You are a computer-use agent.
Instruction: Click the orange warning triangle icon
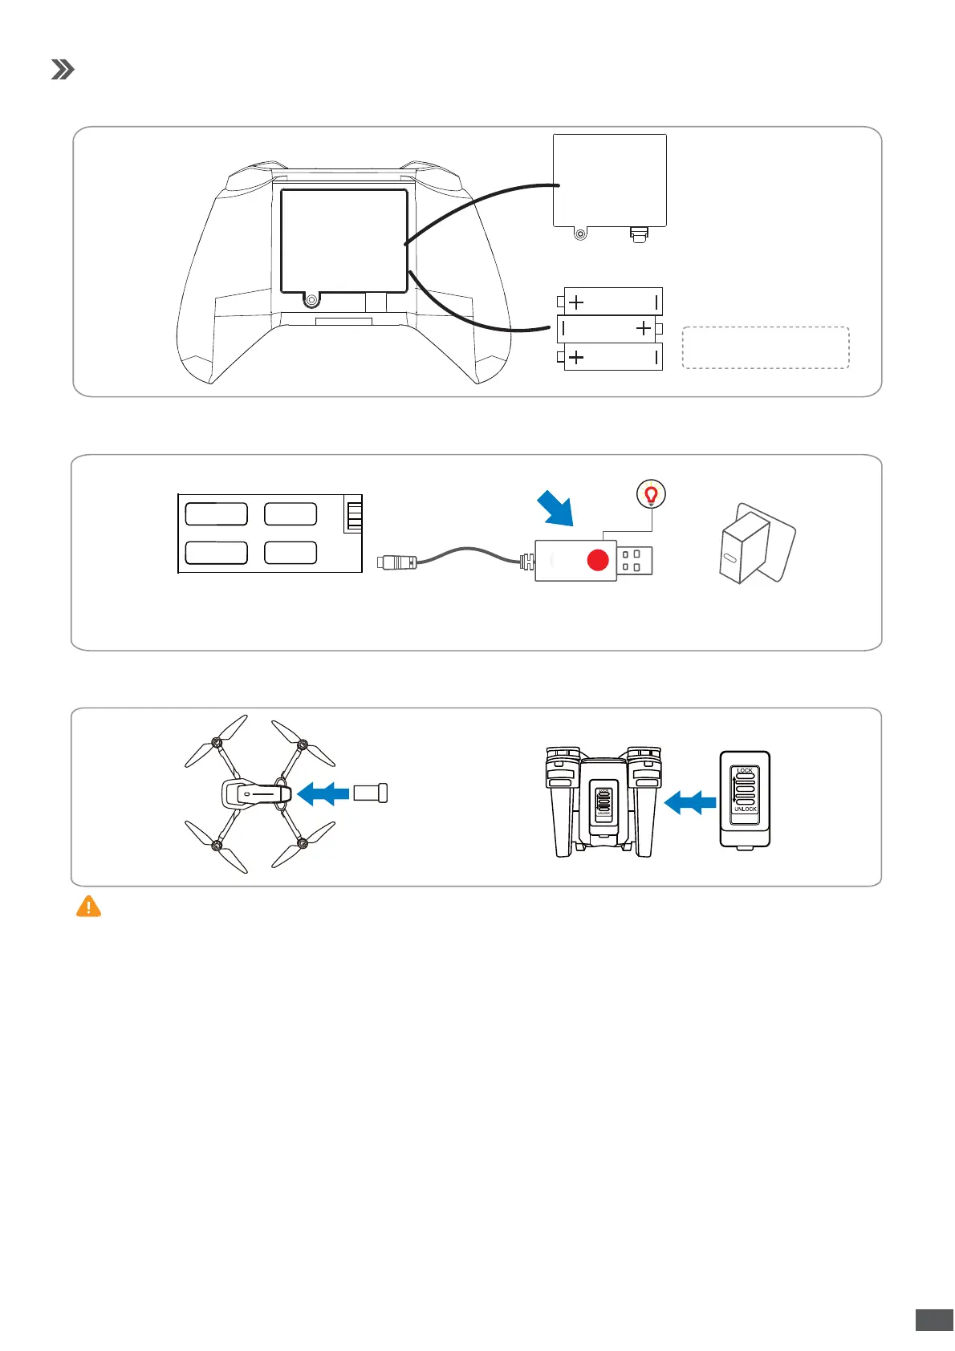coord(88,907)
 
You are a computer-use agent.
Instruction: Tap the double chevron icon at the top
coord(63,70)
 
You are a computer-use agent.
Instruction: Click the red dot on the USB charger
coord(598,560)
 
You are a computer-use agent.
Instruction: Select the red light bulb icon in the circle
coord(652,495)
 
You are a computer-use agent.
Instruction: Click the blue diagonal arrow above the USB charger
coord(556,509)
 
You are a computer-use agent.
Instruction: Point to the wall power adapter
coord(756,544)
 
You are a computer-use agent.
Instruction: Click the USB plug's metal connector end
coord(635,561)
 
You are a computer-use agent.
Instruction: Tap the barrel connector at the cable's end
coord(397,561)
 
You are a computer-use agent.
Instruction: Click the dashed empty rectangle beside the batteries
coord(765,347)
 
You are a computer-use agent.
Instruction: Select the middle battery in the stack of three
coord(609,328)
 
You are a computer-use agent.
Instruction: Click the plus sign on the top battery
coord(576,302)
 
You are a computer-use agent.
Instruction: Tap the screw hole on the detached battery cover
coord(580,234)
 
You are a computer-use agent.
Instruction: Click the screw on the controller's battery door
coord(311,300)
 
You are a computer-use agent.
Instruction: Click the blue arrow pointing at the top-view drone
coord(323,793)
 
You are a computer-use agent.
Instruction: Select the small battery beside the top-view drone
coord(371,793)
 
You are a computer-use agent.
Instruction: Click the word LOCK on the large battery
coord(745,770)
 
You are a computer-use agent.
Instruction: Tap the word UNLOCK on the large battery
coord(745,809)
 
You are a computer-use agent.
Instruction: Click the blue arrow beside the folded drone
coord(690,801)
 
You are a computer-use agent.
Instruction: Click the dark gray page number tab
coord(934,1320)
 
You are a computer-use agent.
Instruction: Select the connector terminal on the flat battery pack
coord(353,513)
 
